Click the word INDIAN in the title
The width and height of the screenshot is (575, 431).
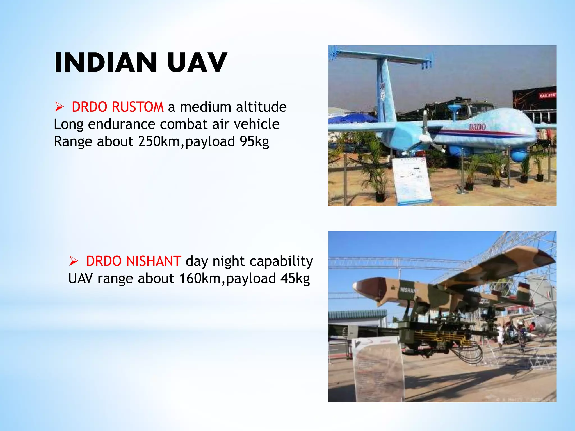tap(106, 63)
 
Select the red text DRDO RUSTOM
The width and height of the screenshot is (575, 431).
tap(117, 107)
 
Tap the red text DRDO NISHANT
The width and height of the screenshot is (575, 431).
tap(133, 261)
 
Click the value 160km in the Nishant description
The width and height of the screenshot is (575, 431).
tap(200, 279)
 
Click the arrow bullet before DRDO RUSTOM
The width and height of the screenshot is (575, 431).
tap(59, 107)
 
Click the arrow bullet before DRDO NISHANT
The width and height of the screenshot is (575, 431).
tap(74, 261)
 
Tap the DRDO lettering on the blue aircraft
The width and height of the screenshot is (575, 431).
tap(477, 127)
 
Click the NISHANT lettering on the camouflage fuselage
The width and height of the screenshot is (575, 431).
tap(409, 290)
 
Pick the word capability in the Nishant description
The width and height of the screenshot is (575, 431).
tap(281, 261)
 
